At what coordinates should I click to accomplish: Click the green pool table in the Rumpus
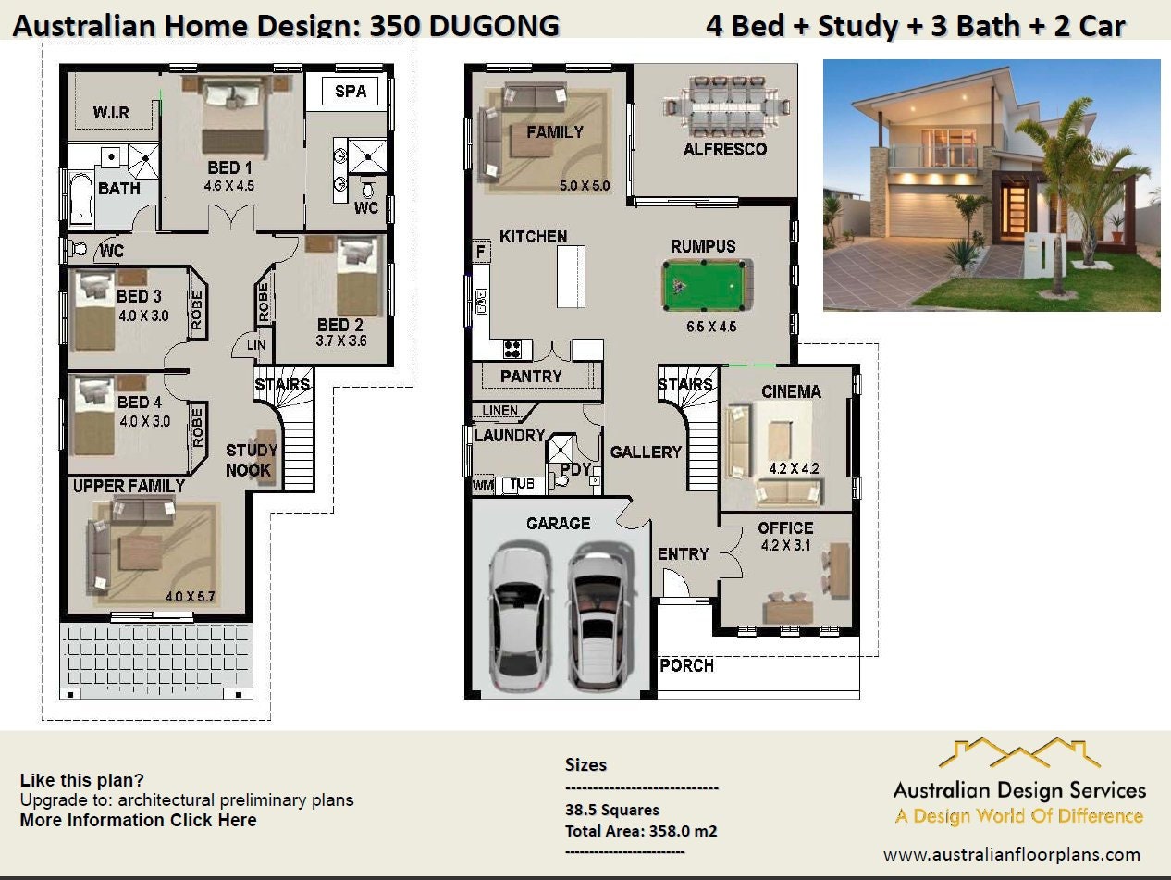[704, 287]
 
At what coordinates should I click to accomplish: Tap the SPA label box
[350, 92]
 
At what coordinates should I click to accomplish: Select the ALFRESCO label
[725, 149]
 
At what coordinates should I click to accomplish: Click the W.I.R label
[111, 113]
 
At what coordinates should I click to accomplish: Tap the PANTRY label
[531, 377]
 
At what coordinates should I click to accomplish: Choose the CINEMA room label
[791, 391]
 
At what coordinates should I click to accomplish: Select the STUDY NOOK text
[251, 460]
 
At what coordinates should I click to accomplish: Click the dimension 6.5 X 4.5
[711, 327]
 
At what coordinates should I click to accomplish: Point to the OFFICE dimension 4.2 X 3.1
[785, 545]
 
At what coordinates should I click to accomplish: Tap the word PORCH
[686, 665]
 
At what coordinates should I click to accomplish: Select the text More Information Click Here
[138, 820]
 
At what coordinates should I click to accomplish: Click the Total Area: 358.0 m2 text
[641, 831]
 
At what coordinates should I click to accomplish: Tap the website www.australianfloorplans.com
[1012, 854]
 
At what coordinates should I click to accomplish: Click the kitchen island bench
[572, 275]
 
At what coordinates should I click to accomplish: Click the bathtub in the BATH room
[80, 201]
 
